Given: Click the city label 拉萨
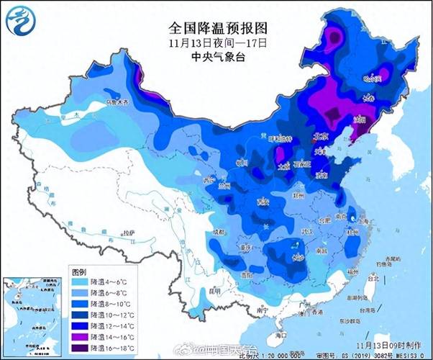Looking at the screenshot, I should (128, 233).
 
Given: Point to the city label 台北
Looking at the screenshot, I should (371, 276).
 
